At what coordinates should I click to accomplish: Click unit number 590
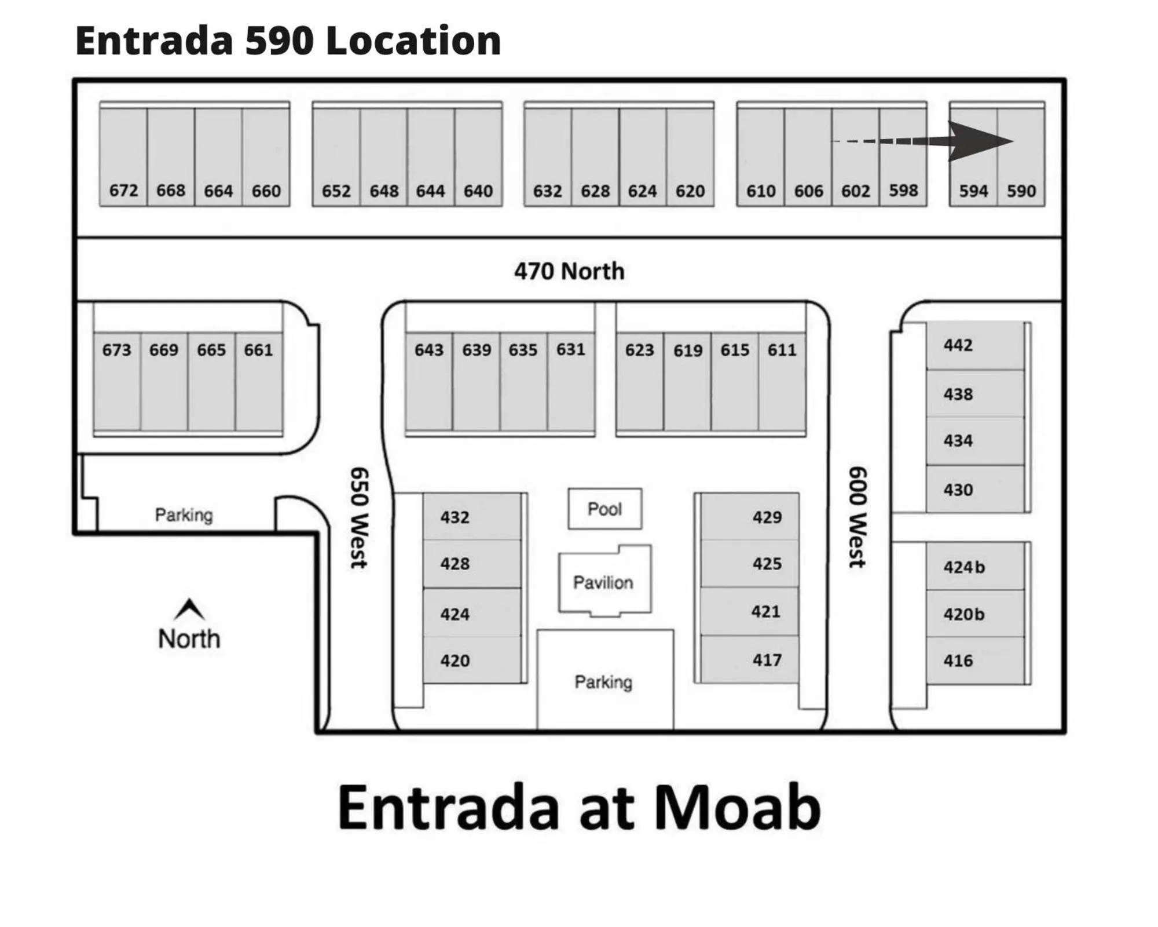point(1021,191)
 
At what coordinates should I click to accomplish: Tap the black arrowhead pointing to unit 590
point(979,141)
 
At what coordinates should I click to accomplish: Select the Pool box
point(604,509)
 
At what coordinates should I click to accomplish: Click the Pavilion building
point(603,582)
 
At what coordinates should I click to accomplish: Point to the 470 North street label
point(569,271)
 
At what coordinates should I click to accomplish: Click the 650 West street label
point(359,517)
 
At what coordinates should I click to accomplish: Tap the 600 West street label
point(857,517)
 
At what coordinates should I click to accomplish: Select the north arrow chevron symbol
point(189,608)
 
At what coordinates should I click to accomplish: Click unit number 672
point(123,190)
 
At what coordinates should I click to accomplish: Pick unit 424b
point(964,567)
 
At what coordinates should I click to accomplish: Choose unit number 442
point(958,345)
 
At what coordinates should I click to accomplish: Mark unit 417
point(767,659)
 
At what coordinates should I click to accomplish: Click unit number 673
point(116,350)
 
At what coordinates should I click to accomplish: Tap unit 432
point(455,517)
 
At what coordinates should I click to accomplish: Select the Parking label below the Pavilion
point(603,682)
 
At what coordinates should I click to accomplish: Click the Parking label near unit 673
point(184,514)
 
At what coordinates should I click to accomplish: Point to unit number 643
point(428,350)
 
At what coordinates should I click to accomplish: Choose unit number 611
point(782,350)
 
